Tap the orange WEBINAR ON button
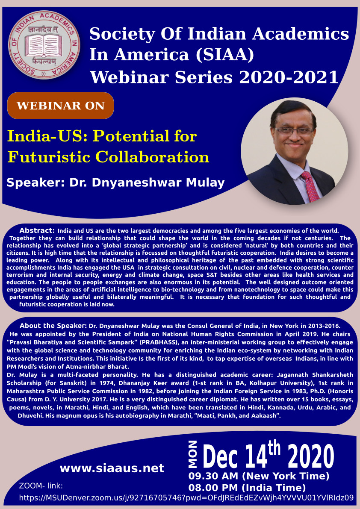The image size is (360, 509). click(x=60, y=106)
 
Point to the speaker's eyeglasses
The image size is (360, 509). click(x=295, y=130)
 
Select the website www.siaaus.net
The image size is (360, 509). click(x=112, y=468)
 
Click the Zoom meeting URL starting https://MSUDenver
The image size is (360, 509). click(x=187, y=498)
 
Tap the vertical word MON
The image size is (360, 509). click(x=193, y=454)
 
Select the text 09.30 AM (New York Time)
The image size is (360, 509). click(x=259, y=476)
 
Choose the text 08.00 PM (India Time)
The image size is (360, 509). click(x=247, y=488)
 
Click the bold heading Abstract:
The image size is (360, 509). click(x=37, y=230)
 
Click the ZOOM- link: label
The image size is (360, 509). click(x=41, y=486)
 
